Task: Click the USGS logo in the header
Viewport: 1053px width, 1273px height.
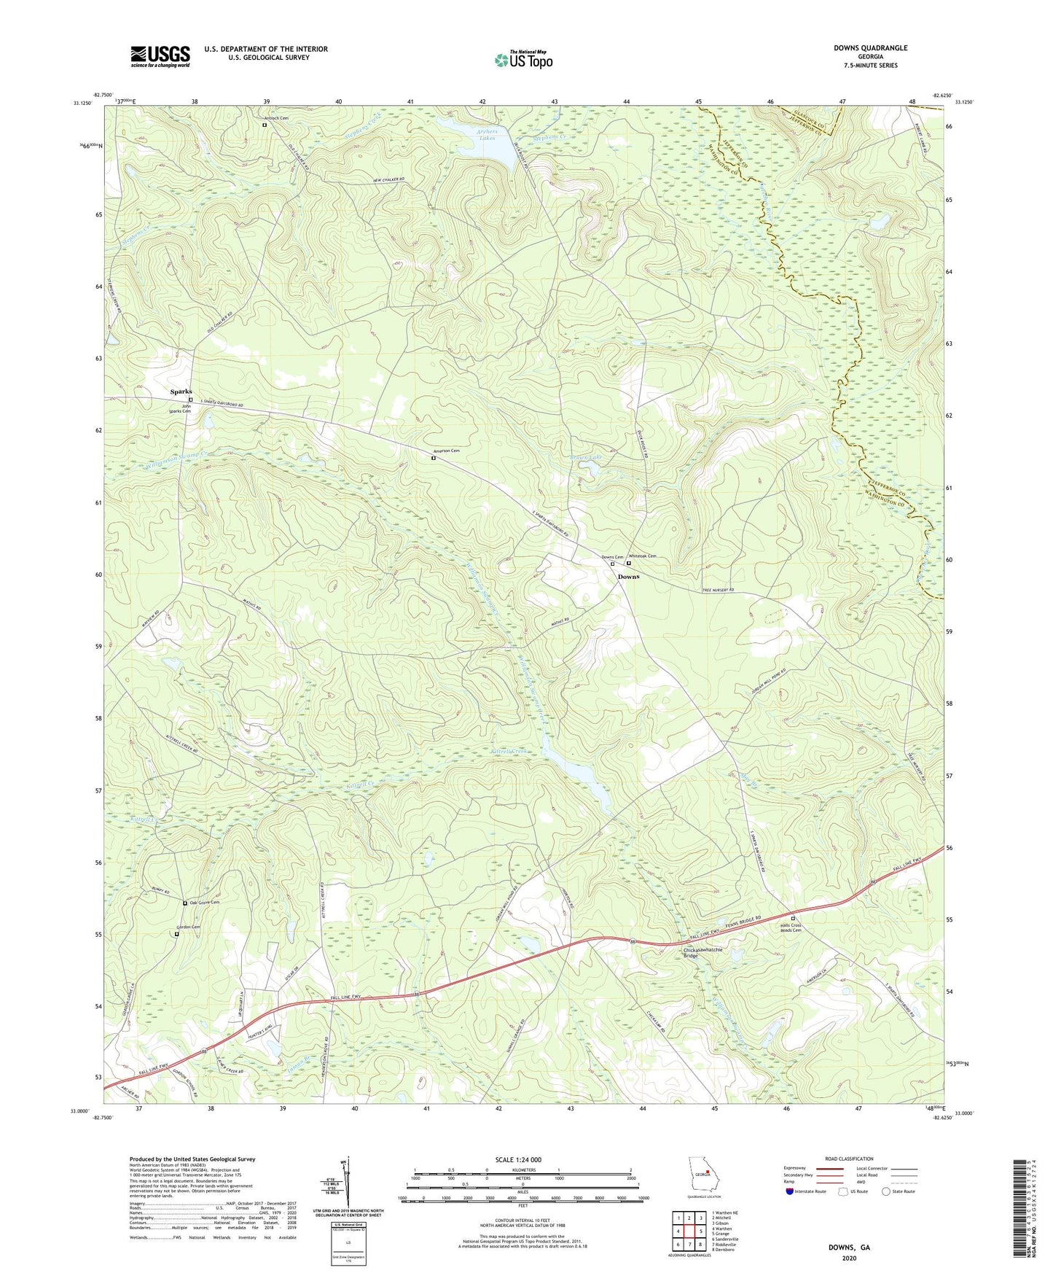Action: point(160,55)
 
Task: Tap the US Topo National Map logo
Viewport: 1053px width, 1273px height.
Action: point(522,59)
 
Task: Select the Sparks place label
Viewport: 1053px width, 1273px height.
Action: point(181,392)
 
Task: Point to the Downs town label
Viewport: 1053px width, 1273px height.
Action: point(628,577)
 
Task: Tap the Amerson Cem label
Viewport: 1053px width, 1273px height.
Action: point(446,451)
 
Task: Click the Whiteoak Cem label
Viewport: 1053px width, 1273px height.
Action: point(643,556)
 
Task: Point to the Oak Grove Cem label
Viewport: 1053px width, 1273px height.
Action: point(204,903)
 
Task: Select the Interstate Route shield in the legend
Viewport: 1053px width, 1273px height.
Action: point(790,1192)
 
